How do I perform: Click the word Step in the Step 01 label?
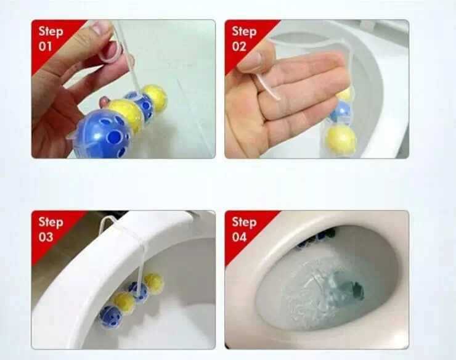[51, 31]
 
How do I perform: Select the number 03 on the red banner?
[47, 237]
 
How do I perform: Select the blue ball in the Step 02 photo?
[340, 113]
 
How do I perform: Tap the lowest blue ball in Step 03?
[110, 315]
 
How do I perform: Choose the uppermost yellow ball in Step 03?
[153, 282]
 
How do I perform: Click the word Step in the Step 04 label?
[244, 222]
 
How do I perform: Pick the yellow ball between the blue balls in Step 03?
[125, 302]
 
